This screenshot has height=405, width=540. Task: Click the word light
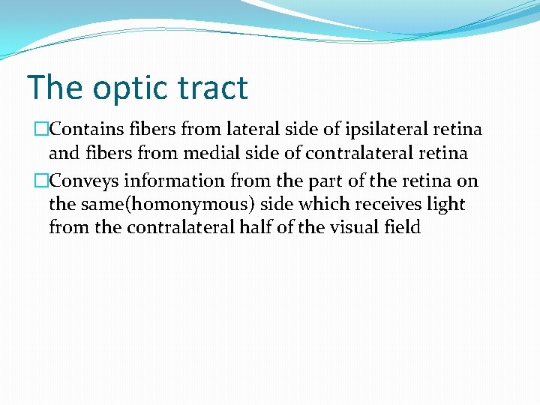pos(445,205)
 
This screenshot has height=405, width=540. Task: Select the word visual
pos(355,228)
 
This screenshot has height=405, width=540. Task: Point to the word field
pos(403,228)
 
